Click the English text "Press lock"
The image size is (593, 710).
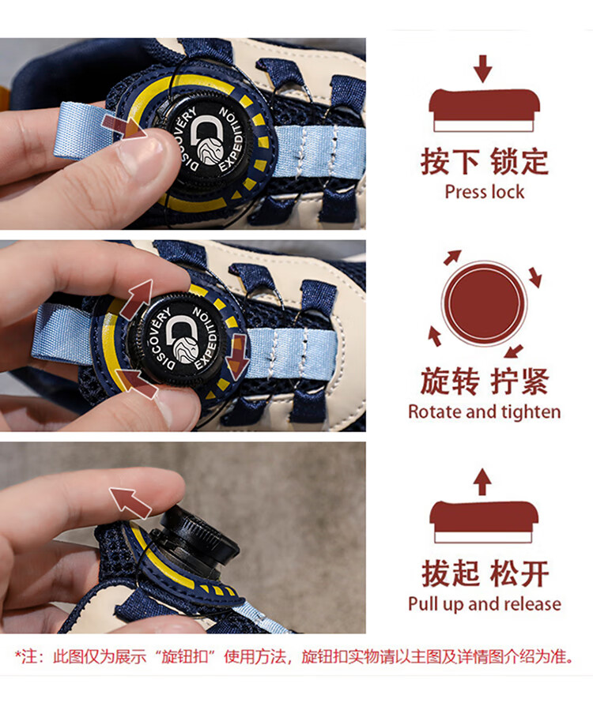[x=484, y=192]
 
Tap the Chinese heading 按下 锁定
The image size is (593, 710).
[x=484, y=161]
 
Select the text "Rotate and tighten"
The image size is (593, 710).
[x=484, y=411]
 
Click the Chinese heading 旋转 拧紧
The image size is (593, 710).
[x=484, y=381]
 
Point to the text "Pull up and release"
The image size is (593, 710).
[x=484, y=603]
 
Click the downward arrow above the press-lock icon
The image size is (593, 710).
[x=483, y=69]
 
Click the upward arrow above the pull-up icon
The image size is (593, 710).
[x=482, y=482]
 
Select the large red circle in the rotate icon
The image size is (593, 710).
[x=484, y=303]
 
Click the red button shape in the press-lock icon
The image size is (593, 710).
[x=484, y=106]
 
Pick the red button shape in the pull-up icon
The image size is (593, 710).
[x=484, y=517]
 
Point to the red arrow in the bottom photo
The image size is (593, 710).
[x=130, y=501]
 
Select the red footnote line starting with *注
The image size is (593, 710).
[x=295, y=656]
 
